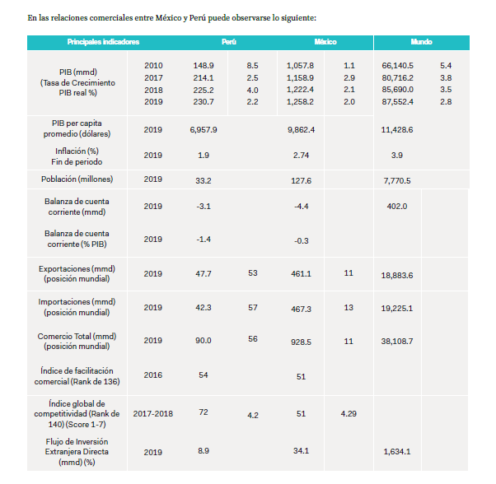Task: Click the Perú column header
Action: click(x=229, y=42)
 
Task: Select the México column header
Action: click(x=325, y=42)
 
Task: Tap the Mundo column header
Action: click(x=421, y=42)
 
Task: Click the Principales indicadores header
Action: click(x=103, y=42)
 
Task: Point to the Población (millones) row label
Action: click(x=77, y=179)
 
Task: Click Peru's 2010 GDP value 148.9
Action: click(x=204, y=66)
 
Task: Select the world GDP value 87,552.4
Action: click(x=397, y=102)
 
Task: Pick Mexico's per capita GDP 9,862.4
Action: click(x=301, y=130)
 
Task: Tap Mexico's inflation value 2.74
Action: click(x=301, y=156)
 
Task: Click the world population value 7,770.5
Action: click(x=397, y=181)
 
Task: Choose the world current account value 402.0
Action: click(x=397, y=207)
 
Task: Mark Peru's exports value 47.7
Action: click(x=204, y=273)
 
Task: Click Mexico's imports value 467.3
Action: click(x=301, y=309)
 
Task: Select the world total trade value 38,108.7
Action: click(x=397, y=342)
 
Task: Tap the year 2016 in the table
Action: click(x=153, y=375)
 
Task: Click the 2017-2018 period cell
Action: click(x=153, y=413)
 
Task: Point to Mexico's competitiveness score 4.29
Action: click(x=349, y=413)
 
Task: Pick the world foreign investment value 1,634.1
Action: click(x=397, y=451)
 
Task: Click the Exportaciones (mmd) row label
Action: click(x=77, y=269)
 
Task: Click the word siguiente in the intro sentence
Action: click(x=297, y=18)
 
